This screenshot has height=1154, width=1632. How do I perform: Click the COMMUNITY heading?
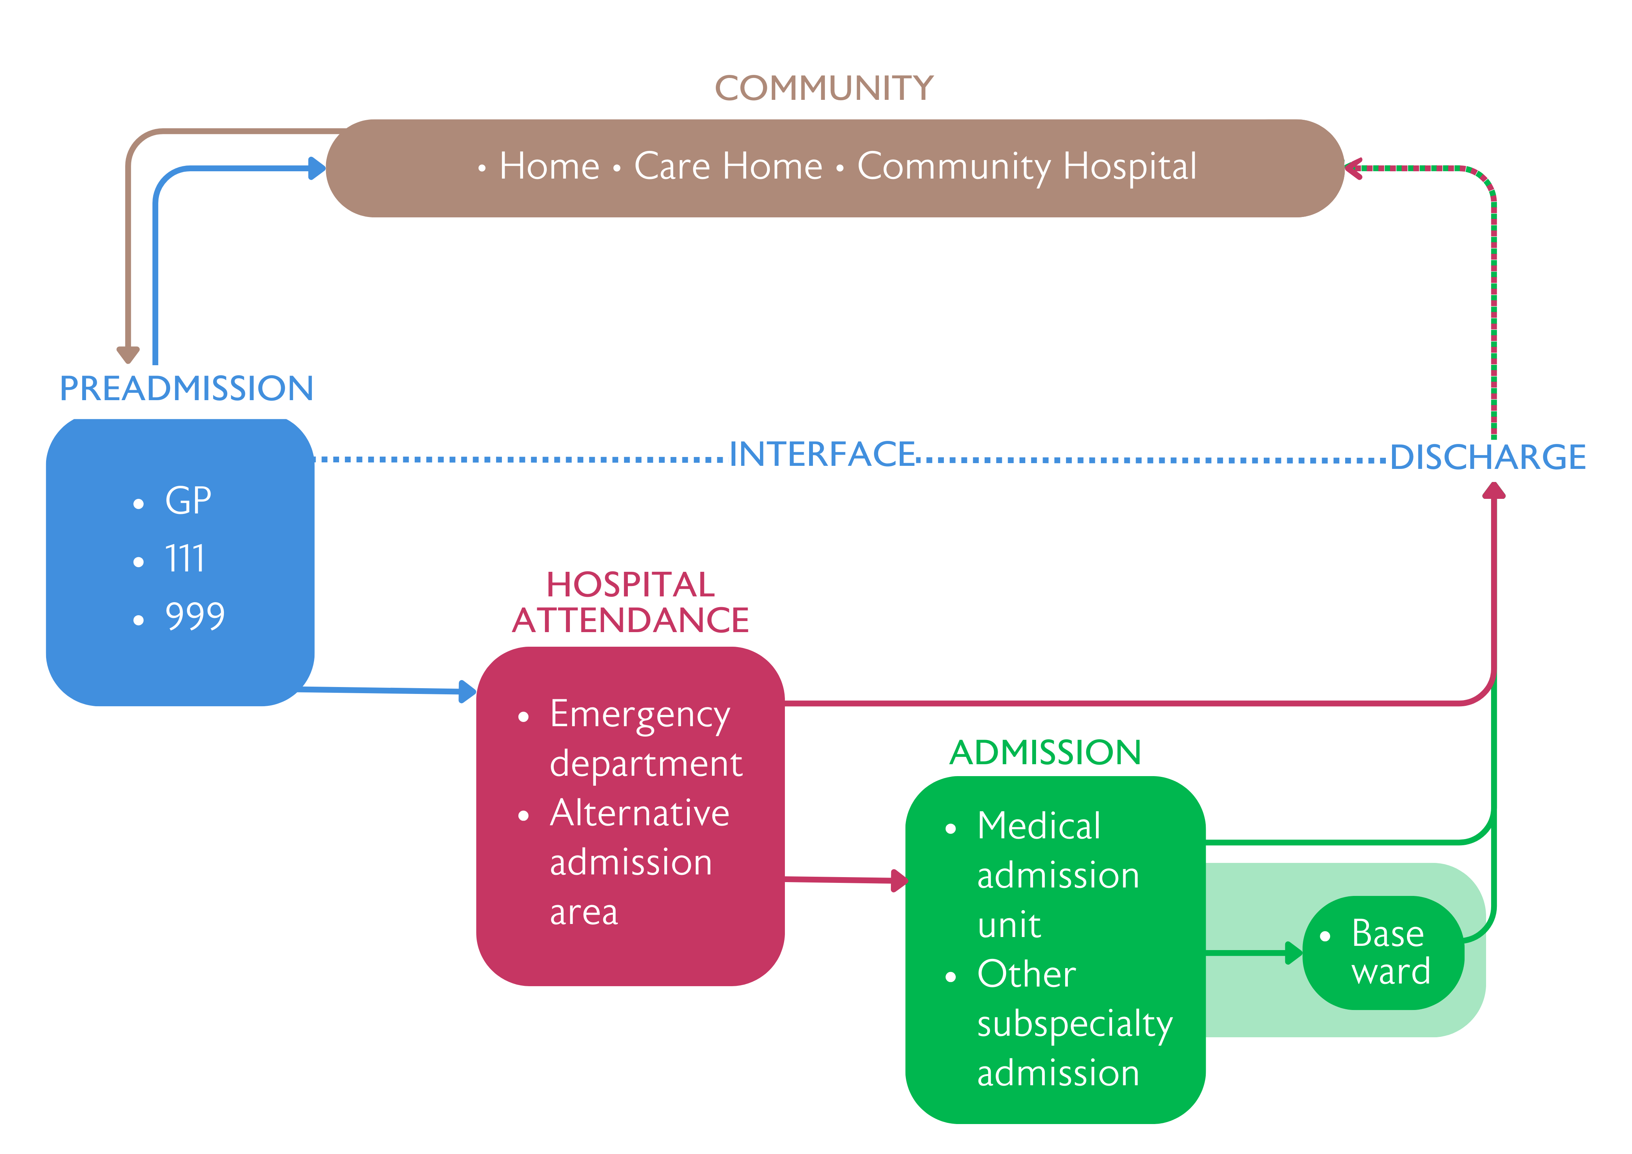coord(824,88)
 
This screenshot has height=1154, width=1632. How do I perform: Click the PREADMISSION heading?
coord(186,388)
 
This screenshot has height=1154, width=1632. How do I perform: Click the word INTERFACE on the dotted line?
coord(823,454)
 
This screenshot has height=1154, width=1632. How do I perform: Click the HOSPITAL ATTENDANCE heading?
coord(631,602)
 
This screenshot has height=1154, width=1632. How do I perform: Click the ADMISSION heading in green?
coord(1045,752)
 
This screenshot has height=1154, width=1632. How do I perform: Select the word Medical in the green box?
coord(1038,826)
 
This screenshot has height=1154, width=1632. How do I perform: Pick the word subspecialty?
coord(1074,1024)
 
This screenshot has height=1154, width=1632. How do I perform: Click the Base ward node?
coord(1383,953)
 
